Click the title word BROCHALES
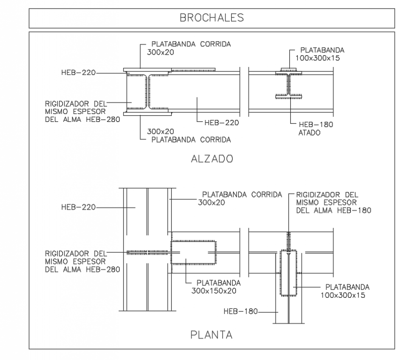click(212, 18)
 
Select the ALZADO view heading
click(212, 159)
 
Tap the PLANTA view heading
click(212, 335)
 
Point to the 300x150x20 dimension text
click(213, 291)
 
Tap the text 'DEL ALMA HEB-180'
click(333, 210)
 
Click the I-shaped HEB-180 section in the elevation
click(289, 84)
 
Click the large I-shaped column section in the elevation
click(147, 92)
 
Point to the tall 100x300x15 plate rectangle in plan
click(288, 272)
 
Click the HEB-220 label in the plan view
click(78, 207)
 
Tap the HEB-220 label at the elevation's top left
click(78, 73)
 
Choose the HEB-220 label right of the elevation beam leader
click(221, 123)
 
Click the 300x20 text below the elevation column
click(160, 131)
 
